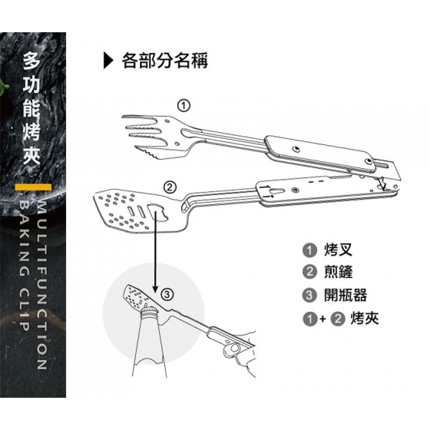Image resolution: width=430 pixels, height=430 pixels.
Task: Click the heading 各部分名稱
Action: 165,61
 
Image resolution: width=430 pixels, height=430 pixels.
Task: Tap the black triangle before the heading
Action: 108,61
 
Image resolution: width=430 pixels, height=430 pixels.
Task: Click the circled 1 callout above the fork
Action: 184,106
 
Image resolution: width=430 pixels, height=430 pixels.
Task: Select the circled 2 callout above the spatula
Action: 170,187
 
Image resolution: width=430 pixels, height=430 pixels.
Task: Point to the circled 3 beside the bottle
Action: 167,295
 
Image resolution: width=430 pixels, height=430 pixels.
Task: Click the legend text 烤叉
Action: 338,250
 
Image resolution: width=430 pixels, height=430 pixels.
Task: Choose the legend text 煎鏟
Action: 338,272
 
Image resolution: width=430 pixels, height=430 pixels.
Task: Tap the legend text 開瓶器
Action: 346,295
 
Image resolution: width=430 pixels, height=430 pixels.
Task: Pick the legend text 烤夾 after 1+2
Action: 365,319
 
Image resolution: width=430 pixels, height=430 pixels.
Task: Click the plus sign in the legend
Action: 322,319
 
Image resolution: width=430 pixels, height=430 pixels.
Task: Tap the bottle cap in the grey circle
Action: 149,310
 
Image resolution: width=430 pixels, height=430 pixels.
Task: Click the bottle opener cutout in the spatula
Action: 157,212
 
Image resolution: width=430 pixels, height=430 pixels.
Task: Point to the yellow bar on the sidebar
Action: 33,187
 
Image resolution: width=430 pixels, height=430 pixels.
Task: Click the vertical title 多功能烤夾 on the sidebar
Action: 31,108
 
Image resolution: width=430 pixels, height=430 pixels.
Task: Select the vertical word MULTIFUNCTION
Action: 41,285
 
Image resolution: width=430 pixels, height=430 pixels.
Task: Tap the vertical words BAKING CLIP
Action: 24,265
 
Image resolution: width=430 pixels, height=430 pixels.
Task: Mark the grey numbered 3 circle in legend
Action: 309,296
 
